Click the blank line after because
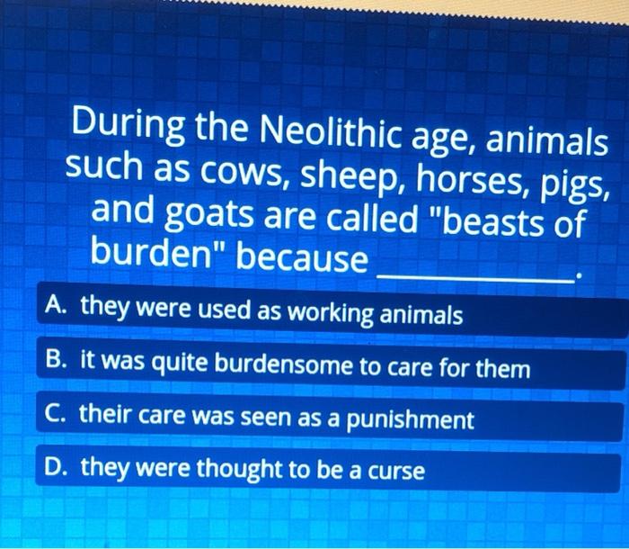(476, 275)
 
